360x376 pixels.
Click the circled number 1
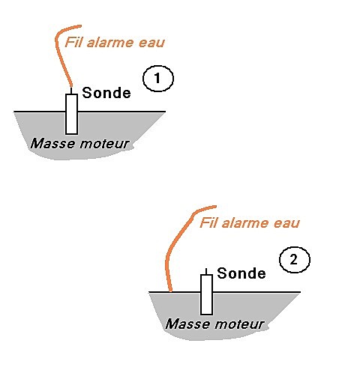coord(158,79)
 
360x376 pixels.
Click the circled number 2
coord(295,260)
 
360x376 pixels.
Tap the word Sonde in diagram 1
coord(106,93)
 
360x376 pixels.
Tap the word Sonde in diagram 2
coord(241,273)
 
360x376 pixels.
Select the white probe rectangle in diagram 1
coord(71,114)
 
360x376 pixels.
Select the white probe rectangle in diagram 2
coord(206,294)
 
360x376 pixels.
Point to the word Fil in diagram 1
coord(73,42)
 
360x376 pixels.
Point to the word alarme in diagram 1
coord(110,43)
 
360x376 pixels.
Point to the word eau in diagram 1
coord(151,43)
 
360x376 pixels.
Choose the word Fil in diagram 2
coord(208,222)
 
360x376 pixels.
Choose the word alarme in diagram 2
coord(245,223)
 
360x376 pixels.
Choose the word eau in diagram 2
coord(286,224)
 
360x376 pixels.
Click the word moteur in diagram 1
coord(104,144)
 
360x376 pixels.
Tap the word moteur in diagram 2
coord(239,324)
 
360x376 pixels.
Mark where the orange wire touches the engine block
coord(170,291)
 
